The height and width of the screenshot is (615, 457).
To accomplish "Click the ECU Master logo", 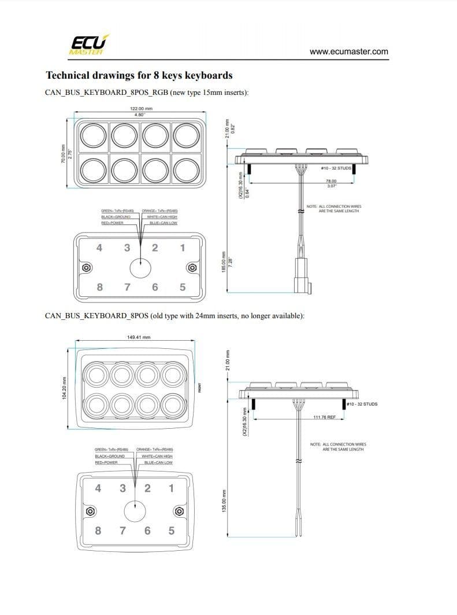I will click(x=87, y=45).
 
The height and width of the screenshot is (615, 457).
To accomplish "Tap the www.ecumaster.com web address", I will click(x=348, y=51).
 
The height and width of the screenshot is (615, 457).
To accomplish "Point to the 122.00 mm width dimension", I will click(x=141, y=108).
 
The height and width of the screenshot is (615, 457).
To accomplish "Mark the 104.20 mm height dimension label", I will click(x=64, y=387).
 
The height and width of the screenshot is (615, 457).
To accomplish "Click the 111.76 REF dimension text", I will click(x=324, y=417).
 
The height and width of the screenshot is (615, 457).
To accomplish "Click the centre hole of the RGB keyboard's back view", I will click(x=140, y=268).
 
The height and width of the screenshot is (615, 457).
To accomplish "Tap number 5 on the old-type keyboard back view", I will click(x=172, y=531).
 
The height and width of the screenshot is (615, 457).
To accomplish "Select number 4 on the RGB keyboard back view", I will click(x=99, y=248).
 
